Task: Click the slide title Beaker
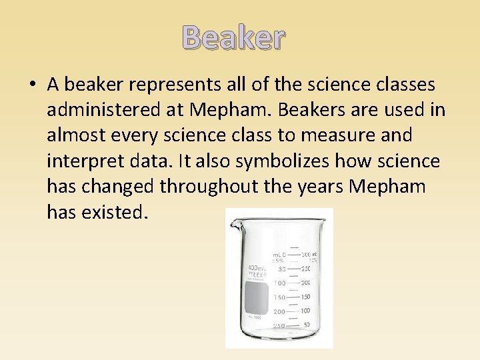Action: pos(233,39)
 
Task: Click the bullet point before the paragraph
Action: pos(33,85)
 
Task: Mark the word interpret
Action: pos(83,161)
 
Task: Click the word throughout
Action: pos(207,186)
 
